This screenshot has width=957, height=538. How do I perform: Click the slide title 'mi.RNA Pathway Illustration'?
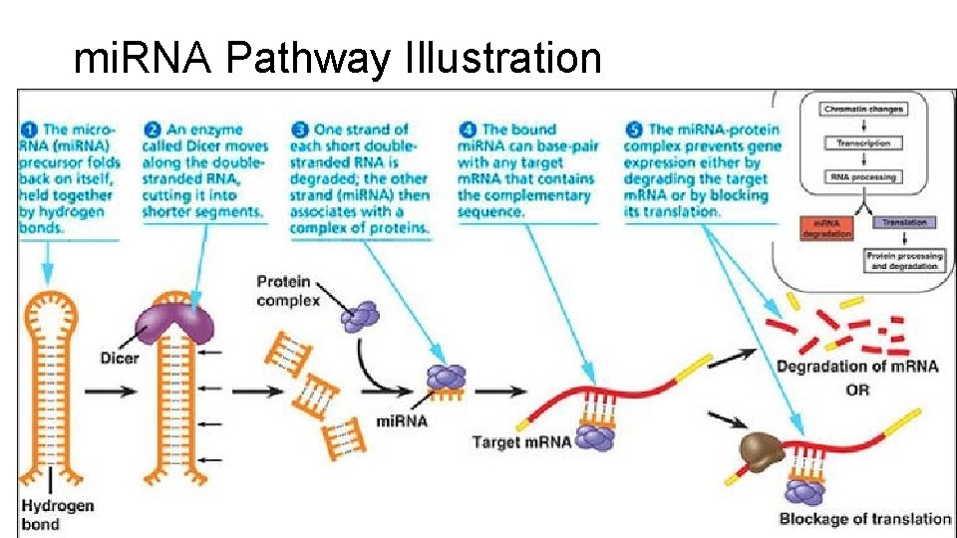pos(338,59)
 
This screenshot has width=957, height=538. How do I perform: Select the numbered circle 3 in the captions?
pos(299,130)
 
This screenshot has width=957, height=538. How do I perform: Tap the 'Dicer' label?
pos(120,357)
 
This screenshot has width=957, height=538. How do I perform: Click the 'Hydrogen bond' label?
pos(57,514)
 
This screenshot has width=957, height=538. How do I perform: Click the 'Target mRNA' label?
pos(521,441)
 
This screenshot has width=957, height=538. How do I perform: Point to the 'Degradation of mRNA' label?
pos(857,367)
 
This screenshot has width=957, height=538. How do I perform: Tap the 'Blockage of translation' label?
pos(864,518)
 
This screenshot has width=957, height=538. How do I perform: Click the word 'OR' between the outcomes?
pos(857,390)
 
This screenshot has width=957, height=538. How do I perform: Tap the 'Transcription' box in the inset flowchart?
pos(864,142)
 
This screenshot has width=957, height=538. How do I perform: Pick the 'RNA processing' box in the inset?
pos(864,177)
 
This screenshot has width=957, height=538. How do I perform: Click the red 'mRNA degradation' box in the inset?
pos(826,228)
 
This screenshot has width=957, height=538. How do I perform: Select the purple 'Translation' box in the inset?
pos(902,223)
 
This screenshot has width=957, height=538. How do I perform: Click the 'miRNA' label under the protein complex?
pos(401,421)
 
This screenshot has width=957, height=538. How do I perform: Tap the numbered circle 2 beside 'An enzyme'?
pos(153,130)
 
